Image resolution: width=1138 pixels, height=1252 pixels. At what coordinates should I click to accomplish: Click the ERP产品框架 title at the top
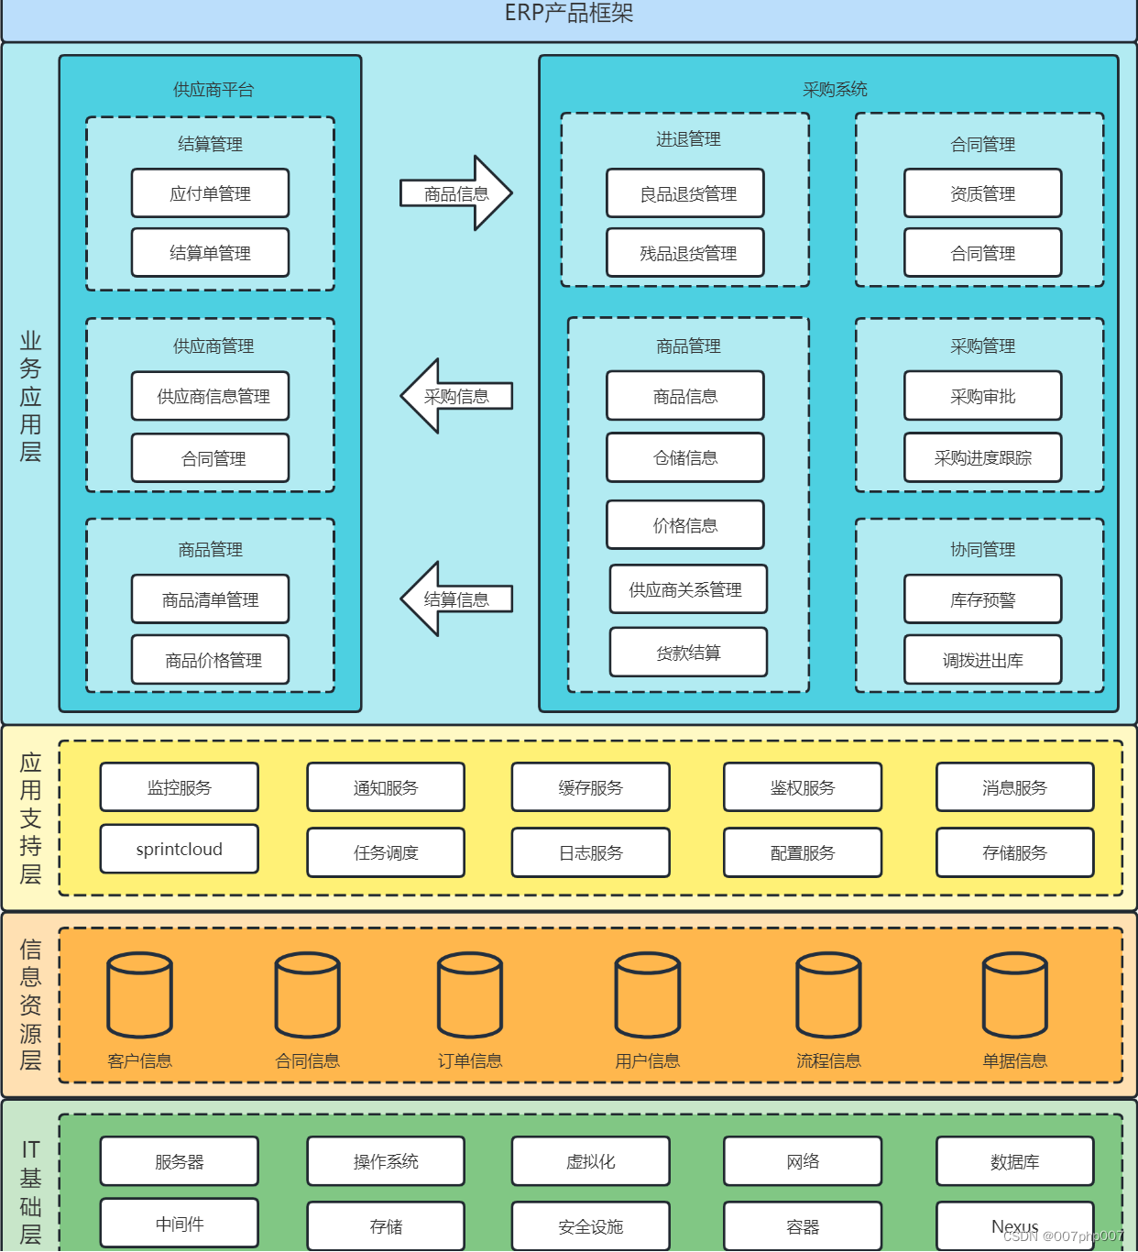coord(568,14)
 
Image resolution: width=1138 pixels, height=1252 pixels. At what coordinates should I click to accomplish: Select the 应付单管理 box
coord(210,193)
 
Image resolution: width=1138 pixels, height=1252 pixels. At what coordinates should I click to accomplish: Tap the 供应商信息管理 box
coord(210,396)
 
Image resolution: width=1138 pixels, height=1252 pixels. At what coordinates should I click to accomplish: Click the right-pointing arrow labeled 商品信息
coord(456,193)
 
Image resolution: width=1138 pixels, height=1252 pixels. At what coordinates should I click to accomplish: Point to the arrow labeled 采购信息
coord(456,396)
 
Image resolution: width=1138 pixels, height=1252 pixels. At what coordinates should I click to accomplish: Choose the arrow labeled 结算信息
coord(456,599)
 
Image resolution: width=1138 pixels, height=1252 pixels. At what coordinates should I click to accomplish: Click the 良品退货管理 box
coord(684,193)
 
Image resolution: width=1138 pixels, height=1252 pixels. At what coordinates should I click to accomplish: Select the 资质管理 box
coord(982,193)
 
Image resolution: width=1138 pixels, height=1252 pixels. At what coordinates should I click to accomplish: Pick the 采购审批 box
coord(982,396)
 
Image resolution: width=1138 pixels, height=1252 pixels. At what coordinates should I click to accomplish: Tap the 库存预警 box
coord(982,599)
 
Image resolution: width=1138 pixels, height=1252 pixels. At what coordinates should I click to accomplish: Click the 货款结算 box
coord(688,653)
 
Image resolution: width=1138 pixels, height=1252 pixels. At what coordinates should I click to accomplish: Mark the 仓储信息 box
coord(684,457)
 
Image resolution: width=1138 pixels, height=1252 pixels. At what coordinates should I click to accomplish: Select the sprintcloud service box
coord(179,849)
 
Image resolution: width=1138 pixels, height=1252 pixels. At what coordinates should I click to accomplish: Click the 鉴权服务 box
coord(802,787)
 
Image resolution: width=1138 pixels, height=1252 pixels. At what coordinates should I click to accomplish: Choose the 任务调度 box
coord(386,852)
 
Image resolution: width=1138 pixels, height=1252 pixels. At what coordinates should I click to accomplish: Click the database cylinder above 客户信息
coord(139,996)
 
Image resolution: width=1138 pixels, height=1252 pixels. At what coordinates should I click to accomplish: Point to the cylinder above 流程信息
coord(828,996)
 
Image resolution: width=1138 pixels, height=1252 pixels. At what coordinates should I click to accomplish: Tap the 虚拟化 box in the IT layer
coord(590,1161)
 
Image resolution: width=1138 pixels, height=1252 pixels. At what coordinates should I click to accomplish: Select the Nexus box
coord(1014,1225)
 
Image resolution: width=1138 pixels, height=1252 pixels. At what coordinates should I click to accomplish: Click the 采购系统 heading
coord(834,89)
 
